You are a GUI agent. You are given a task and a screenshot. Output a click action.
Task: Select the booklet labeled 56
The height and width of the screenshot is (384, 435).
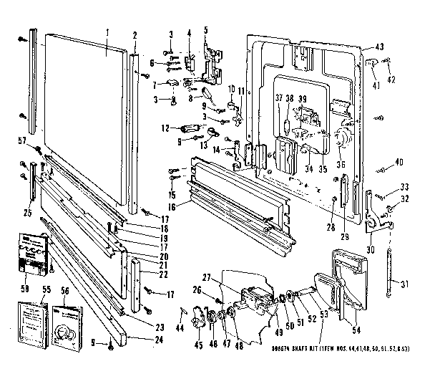pyautogui.click(x=68, y=327)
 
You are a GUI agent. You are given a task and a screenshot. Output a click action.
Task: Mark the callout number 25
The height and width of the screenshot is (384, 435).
pyautogui.click(x=27, y=212)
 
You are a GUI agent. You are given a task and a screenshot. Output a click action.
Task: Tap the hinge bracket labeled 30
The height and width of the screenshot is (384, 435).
pyautogui.click(x=374, y=215)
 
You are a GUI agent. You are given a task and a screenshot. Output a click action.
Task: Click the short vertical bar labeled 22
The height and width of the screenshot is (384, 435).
pyautogui.click(x=137, y=272)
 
